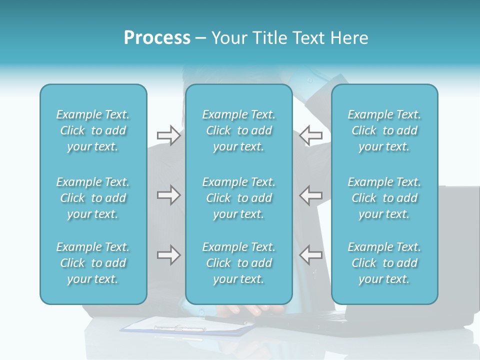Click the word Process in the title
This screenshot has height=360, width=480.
click(157, 38)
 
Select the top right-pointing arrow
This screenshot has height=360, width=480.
click(168, 135)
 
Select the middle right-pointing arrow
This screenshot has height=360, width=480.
click(168, 195)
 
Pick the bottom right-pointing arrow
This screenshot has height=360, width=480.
click(168, 255)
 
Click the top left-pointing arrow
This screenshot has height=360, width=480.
click(311, 135)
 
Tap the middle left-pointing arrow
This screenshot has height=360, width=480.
click(311, 195)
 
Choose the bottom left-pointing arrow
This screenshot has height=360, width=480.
click(311, 255)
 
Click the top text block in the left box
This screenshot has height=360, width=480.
click(93, 130)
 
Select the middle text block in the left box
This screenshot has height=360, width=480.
click(93, 198)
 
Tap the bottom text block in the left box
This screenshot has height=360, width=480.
click(93, 263)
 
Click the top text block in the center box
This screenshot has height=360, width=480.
click(239, 130)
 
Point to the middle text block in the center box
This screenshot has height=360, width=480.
click(239, 198)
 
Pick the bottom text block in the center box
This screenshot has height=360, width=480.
click(239, 263)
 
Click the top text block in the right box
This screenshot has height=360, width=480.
click(384, 130)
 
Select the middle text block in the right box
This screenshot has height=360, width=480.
click(384, 198)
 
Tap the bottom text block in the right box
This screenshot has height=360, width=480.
click(384, 263)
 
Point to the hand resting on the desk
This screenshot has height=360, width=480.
click(250, 310)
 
